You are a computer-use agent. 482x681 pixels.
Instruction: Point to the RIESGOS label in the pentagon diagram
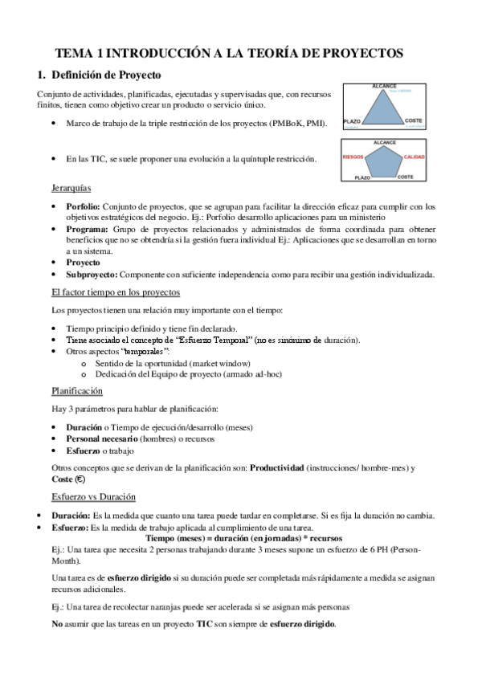pyautogui.click(x=354, y=157)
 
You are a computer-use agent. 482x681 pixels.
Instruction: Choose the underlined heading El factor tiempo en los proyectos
pyautogui.click(x=116, y=292)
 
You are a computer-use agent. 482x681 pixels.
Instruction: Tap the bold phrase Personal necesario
pyautogui.click(x=102, y=439)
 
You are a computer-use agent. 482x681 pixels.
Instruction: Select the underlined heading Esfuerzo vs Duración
pyautogui.click(x=93, y=496)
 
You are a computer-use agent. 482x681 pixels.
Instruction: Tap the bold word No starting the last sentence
pyautogui.click(x=56, y=623)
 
